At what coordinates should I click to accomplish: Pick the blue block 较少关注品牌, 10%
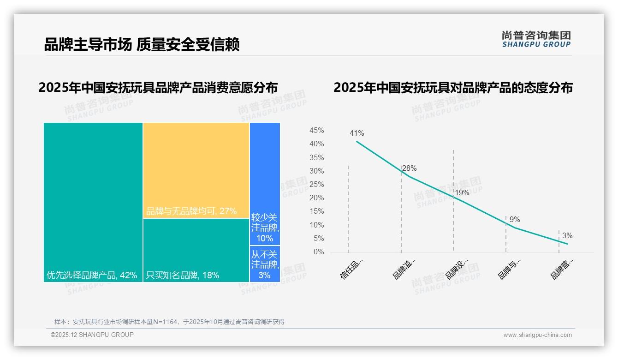click(x=265, y=184)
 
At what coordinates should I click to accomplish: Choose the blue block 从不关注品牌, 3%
click(x=265, y=264)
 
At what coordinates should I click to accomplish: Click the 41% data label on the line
click(x=357, y=133)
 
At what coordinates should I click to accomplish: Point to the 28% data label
click(x=409, y=168)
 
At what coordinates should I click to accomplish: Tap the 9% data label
click(x=514, y=220)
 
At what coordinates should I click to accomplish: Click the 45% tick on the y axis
click(x=316, y=131)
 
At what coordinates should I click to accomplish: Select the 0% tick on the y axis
click(x=319, y=252)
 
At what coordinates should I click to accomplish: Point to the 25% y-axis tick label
click(x=316, y=185)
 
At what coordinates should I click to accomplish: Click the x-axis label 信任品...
click(x=351, y=269)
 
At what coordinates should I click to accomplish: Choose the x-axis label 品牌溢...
click(x=404, y=269)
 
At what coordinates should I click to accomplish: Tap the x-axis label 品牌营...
click(x=562, y=269)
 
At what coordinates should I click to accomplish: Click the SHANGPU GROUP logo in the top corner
click(x=536, y=39)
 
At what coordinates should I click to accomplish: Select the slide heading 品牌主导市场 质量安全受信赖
click(x=142, y=45)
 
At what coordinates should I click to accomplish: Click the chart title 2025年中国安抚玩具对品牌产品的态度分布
click(x=453, y=88)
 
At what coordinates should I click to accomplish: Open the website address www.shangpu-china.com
click(x=537, y=335)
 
